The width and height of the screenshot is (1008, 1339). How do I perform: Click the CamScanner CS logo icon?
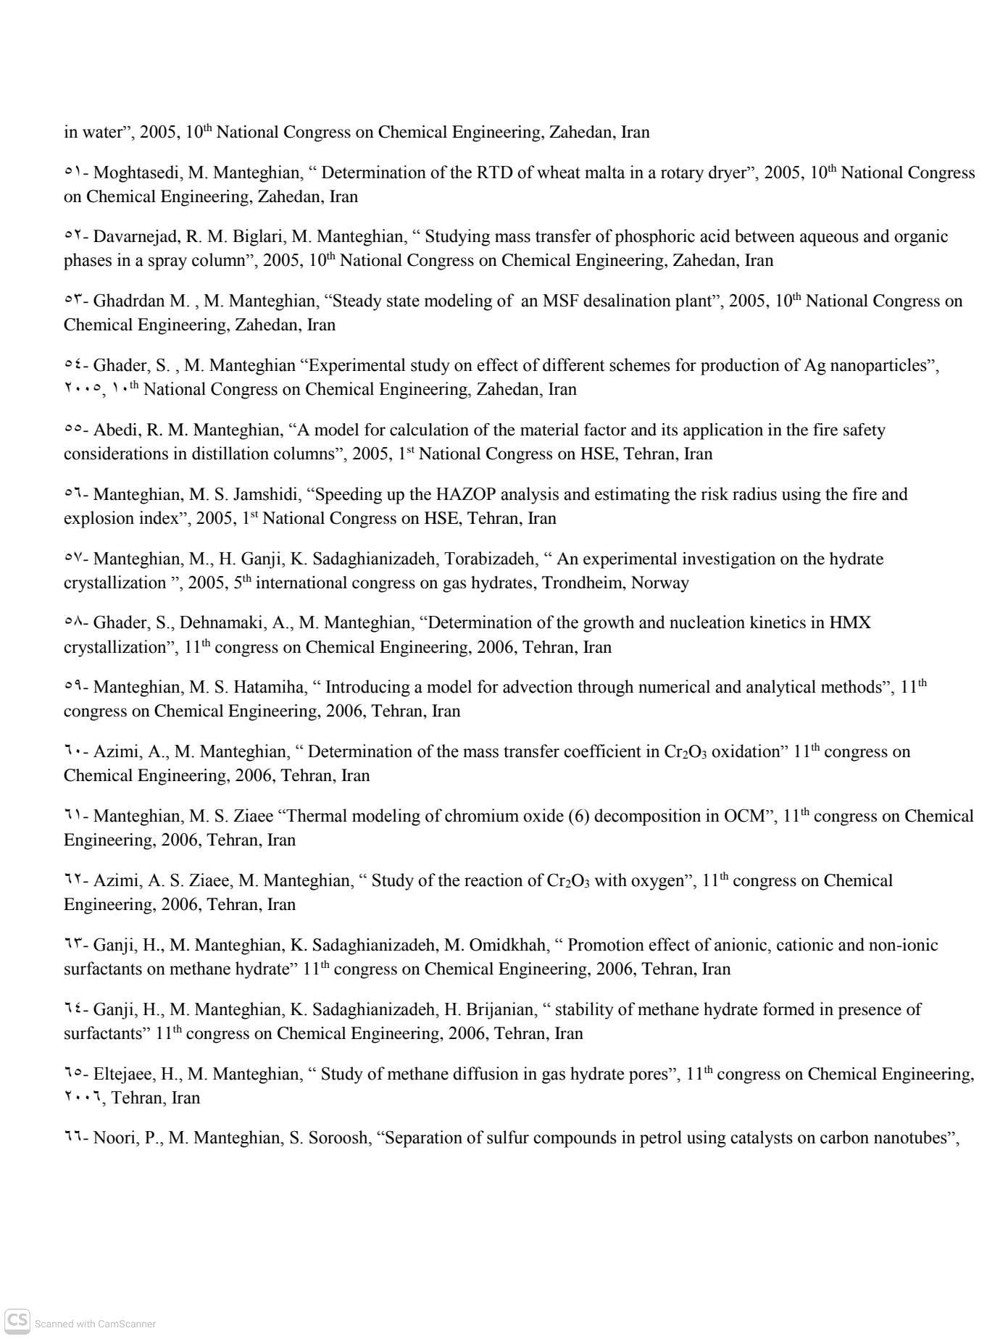[18, 1322]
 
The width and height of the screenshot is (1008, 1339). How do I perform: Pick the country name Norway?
[660, 583]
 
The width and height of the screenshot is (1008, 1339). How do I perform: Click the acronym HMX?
[849, 623]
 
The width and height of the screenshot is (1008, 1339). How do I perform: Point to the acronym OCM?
[745, 817]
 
